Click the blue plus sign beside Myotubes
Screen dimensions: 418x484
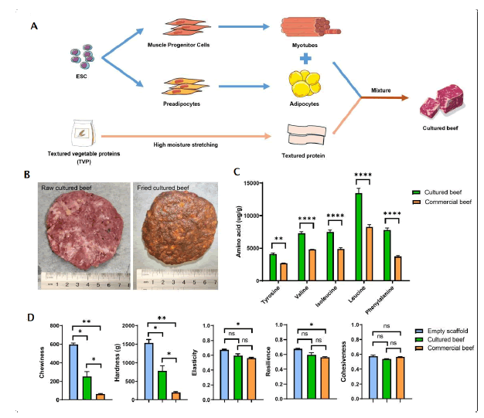(x=306, y=58)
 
